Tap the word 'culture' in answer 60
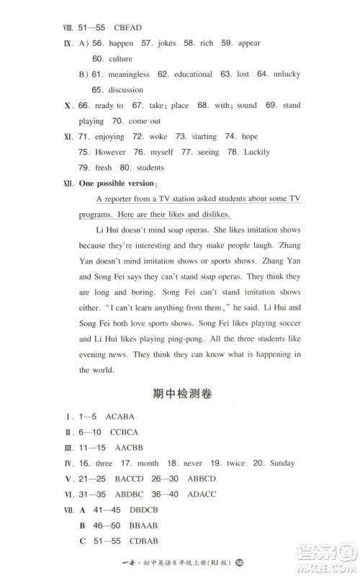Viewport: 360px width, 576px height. click(121, 58)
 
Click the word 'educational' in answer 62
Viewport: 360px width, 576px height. click(191, 74)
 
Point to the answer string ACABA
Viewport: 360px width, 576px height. click(120, 417)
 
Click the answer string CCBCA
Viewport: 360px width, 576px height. click(125, 432)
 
